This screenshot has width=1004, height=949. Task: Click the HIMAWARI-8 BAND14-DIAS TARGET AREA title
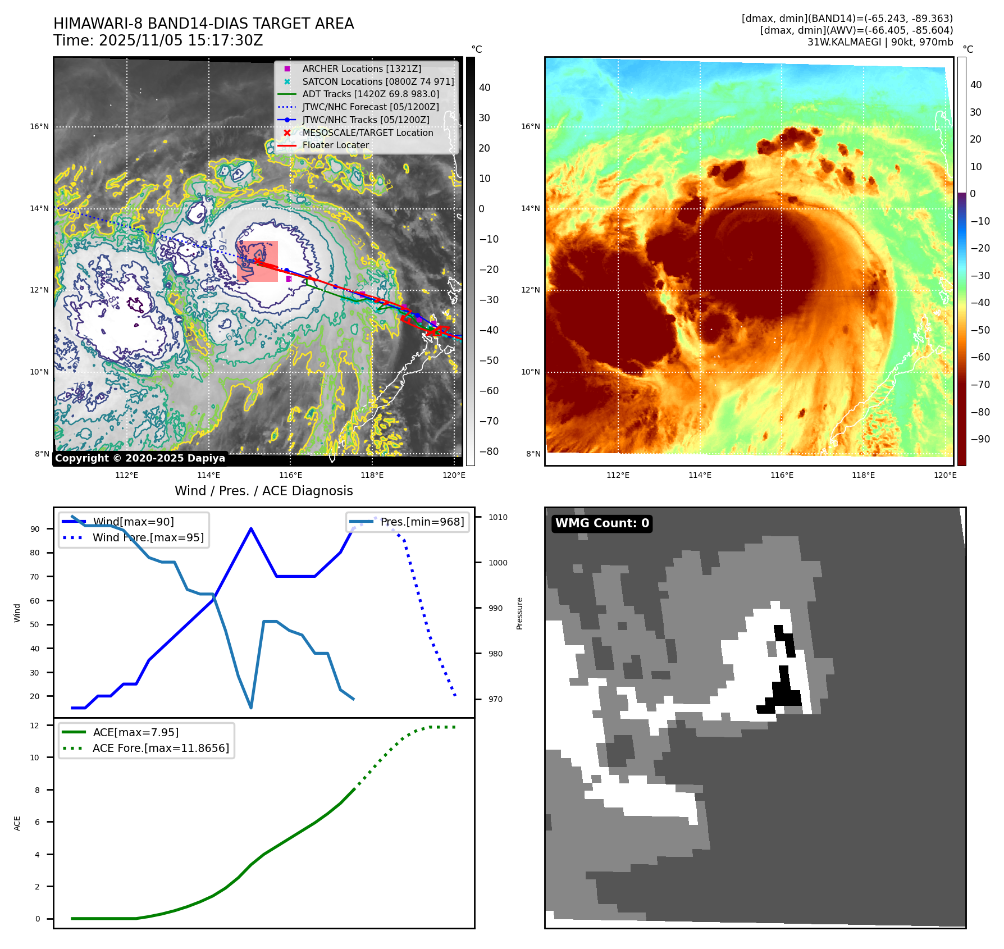(x=203, y=24)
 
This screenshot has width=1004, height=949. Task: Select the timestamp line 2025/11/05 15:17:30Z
(x=158, y=40)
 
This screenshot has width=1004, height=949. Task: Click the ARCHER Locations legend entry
(x=361, y=69)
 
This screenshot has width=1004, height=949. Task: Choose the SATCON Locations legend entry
(x=378, y=81)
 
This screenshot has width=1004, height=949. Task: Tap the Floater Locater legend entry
(x=335, y=145)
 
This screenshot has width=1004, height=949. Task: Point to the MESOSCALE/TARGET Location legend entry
(x=367, y=133)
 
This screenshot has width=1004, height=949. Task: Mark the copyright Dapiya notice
(x=140, y=458)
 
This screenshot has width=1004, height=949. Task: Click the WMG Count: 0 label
(x=602, y=523)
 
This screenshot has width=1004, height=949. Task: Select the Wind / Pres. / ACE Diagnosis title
(x=263, y=491)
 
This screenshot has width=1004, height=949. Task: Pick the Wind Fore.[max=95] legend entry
(x=148, y=537)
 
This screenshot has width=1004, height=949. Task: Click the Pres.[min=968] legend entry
(x=422, y=522)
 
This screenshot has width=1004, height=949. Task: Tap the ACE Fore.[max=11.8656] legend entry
(x=161, y=748)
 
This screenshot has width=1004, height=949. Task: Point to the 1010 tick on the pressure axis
(x=498, y=517)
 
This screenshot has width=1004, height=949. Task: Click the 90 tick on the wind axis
(x=35, y=529)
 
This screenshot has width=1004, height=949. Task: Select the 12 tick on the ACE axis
(x=35, y=726)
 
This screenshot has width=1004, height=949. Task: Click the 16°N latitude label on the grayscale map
(x=39, y=127)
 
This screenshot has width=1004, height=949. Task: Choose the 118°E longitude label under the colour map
(x=863, y=475)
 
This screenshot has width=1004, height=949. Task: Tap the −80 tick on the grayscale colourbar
(x=489, y=451)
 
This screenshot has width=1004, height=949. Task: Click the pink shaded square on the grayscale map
(x=258, y=261)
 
